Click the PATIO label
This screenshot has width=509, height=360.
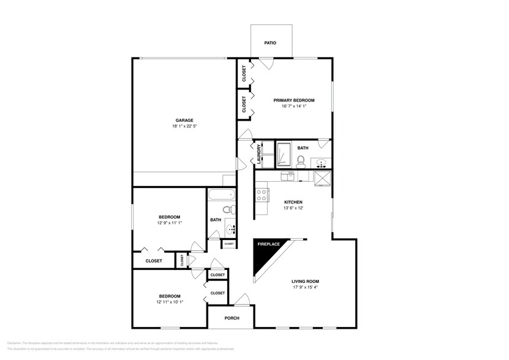pyautogui.click(x=270, y=43)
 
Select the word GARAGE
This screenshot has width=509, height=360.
pyautogui.click(x=184, y=120)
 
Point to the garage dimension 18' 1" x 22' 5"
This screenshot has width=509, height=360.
pyautogui.click(x=184, y=126)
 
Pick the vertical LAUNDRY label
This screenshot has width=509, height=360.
pyautogui.click(x=259, y=154)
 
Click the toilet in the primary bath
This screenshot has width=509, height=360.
pyautogui.click(x=301, y=162)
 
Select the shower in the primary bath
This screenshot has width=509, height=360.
pyautogui.click(x=283, y=154)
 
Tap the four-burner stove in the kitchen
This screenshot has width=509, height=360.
pyautogui.click(x=262, y=195)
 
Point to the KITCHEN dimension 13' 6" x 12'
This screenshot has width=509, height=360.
pyautogui.click(x=293, y=208)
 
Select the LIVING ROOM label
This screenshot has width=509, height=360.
pyautogui.click(x=304, y=281)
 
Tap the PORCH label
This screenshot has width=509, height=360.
pyautogui.click(x=232, y=318)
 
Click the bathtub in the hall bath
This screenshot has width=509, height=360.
pyautogui.click(x=221, y=195)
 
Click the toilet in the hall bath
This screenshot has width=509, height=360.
pyautogui.click(x=228, y=211)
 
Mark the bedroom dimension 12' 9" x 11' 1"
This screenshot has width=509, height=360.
pyautogui.click(x=170, y=223)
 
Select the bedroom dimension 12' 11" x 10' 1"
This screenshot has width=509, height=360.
pyautogui.click(x=170, y=302)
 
